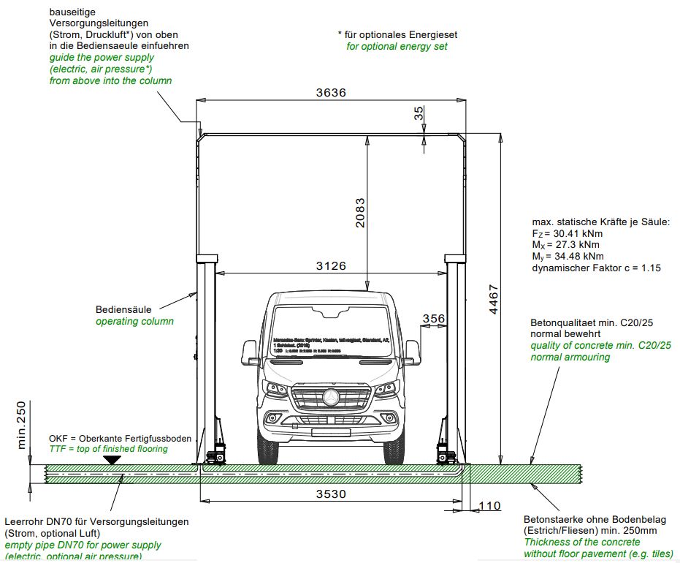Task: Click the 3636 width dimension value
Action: click(331, 93)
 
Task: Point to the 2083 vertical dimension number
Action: click(359, 213)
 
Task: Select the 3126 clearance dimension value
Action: click(331, 266)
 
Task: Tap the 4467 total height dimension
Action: click(494, 300)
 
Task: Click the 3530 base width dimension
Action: click(331, 494)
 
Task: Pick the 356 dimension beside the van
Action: click(433, 318)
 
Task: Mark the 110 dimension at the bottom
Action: click(491, 506)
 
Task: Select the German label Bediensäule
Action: click(123, 309)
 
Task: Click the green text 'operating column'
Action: click(134, 321)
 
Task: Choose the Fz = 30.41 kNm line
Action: click(568, 233)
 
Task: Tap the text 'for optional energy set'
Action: click(397, 46)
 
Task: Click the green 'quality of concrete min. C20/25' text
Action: click(600, 345)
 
